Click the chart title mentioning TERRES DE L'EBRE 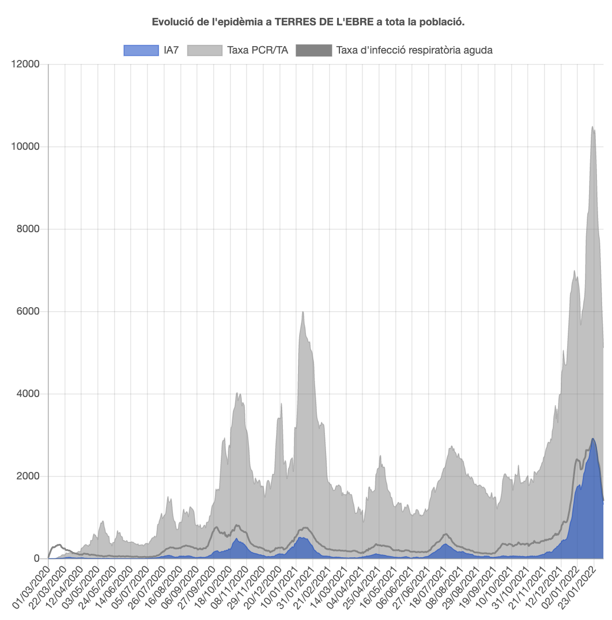308,22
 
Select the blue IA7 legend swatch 141,51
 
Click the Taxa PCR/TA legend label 258,51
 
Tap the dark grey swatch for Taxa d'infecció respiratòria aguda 313,51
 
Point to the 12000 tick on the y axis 25,65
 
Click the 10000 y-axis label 25,147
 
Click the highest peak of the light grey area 592,127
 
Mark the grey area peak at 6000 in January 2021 303,312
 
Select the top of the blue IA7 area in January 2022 593,439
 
